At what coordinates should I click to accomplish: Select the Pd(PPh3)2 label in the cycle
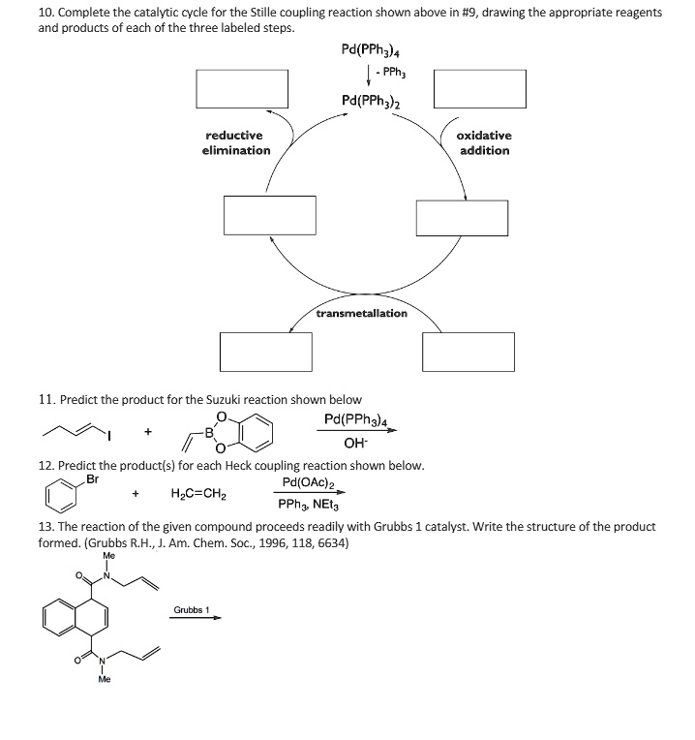pos(372,101)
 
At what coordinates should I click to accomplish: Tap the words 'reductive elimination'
pos(236,143)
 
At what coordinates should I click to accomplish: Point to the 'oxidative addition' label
pos(485,143)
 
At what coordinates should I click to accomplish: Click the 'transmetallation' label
pos(362,313)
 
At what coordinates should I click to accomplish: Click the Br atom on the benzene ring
pos(93,478)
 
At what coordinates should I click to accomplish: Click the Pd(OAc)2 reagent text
pos(309,482)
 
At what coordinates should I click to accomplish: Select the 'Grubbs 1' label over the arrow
pos(192,610)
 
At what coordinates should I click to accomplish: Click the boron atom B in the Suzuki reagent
pos(207,433)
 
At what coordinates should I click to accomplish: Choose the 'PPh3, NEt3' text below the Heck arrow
pos(308,506)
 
